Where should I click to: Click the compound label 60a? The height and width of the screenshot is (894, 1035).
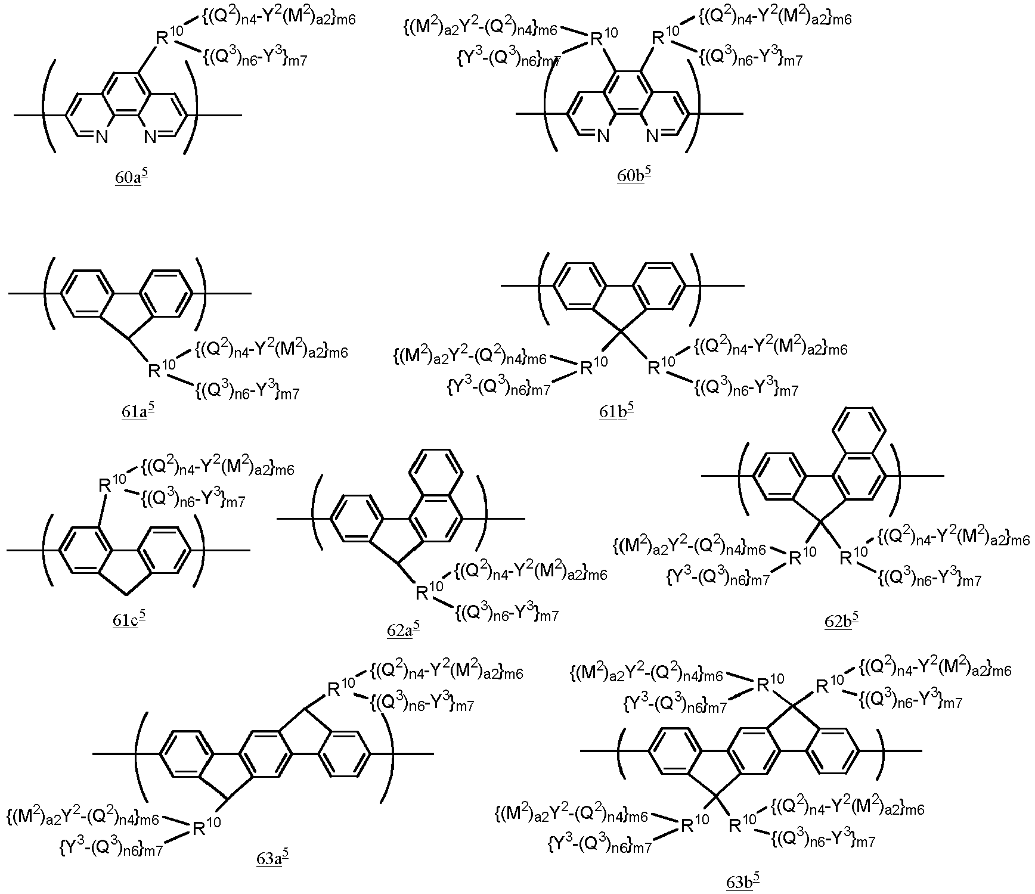131,177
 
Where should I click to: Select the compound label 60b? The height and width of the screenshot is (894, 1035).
634,177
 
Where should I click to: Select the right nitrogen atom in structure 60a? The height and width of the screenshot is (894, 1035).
150,138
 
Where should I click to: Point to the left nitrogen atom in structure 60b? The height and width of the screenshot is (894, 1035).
603,137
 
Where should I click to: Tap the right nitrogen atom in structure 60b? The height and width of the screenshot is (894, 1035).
652,137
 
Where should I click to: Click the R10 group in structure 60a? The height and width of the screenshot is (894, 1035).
170,37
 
